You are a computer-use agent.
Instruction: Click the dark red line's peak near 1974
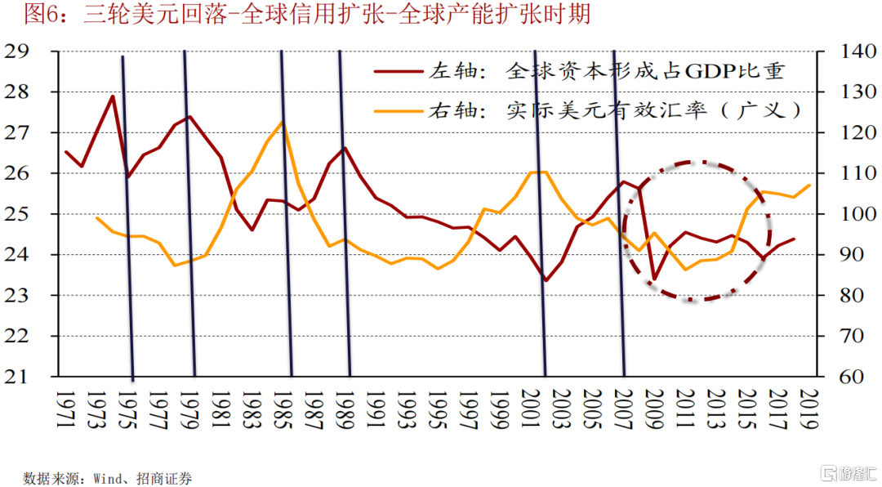[112, 96]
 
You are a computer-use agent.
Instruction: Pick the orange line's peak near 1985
[283, 123]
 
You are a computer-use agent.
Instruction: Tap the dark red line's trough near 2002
[546, 280]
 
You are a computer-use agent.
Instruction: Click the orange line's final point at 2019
[809, 185]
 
